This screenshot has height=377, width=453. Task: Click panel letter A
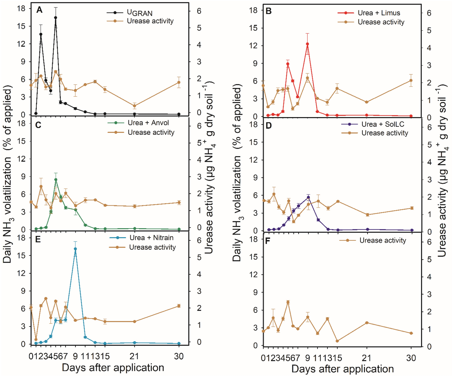[x=39, y=10]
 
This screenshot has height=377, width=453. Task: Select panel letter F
[x=268, y=241]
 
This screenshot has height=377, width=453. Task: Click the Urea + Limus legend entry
[x=379, y=13]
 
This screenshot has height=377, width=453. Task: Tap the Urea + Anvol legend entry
[x=148, y=123]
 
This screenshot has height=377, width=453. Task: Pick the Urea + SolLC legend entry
[x=383, y=124]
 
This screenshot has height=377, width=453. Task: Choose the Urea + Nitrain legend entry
[x=151, y=238]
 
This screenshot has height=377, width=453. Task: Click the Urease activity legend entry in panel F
[x=382, y=241]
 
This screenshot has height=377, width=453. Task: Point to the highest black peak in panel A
[x=56, y=18]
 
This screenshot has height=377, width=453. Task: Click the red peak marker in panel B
[x=307, y=44]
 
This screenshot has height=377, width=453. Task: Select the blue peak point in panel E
[x=75, y=249]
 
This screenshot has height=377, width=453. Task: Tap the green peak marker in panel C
[x=56, y=180]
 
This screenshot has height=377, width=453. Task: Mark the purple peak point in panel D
[x=308, y=197]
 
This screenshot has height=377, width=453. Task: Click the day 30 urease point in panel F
[x=411, y=333]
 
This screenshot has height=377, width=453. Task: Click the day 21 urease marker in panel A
[x=134, y=106]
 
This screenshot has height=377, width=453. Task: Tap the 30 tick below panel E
[x=179, y=356]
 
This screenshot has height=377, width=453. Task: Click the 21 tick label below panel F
[x=366, y=358]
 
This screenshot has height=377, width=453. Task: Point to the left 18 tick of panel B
[x=253, y=10]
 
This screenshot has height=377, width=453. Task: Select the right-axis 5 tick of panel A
[x=199, y=28]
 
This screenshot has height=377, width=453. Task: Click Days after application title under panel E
[x=113, y=368]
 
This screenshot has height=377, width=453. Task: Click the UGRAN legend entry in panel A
[x=139, y=13]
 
